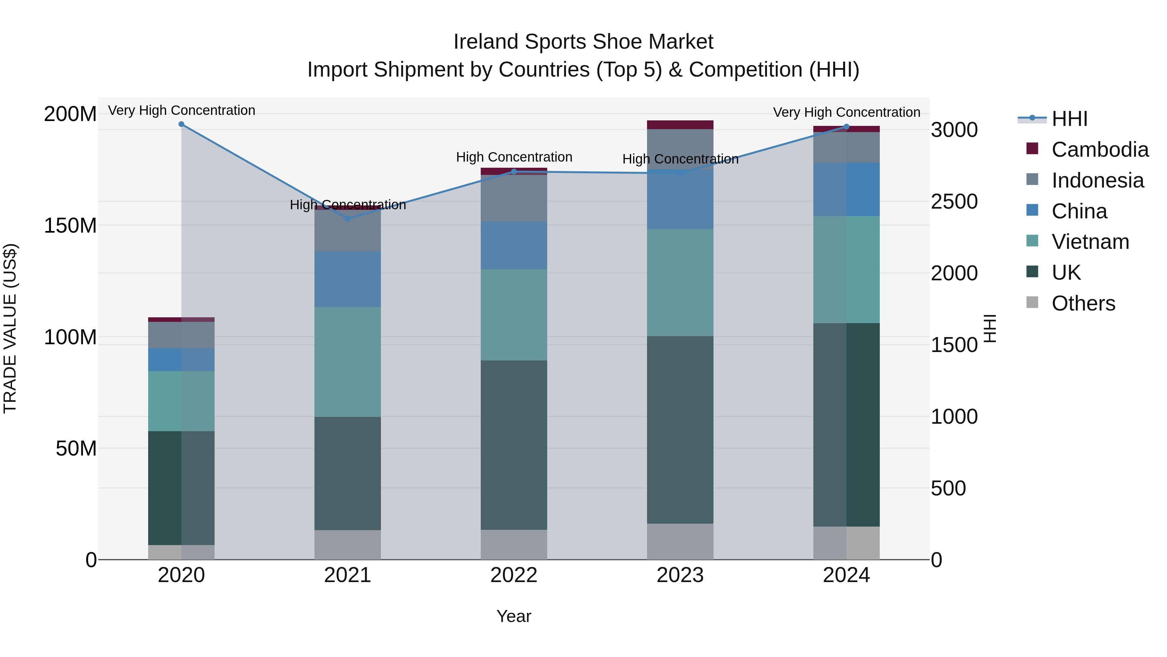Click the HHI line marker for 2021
pyautogui.click(x=348, y=219)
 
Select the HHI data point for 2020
pyautogui.click(x=181, y=124)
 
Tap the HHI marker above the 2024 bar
pyautogui.click(x=846, y=127)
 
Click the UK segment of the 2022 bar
pyautogui.click(x=514, y=444)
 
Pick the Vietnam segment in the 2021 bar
pyautogui.click(x=348, y=362)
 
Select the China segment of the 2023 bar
pyautogui.click(x=680, y=200)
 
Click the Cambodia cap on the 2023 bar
pyautogui.click(x=680, y=125)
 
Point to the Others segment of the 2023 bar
pyautogui.click(x=680, y=541)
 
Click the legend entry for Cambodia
pyautogui.click(x=1100, y=150)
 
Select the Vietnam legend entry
pyautogui.click(x=1090, y=242)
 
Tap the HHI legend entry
pyautogui.click(x=1069, y=119)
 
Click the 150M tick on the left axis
pyautogui.click(x=70, y=225)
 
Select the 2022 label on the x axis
pyautogui.click(x=514, y=575)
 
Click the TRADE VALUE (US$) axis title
pyautogui.click(x=10, y=328)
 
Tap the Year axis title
pyautogui.click(x=514, y=616)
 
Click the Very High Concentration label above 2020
pyautogui.click(x=181, y=110)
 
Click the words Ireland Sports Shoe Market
pyautogui.click(x=583, y=42)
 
